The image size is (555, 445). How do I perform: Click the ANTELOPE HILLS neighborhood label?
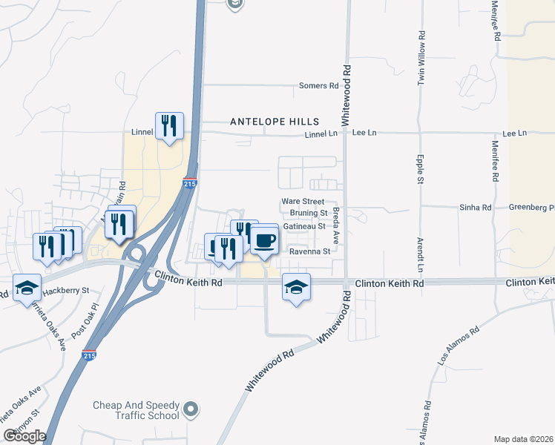click(275, 122)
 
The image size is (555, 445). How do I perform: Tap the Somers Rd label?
click(318, 86)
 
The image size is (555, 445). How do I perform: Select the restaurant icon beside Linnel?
click(169, 126)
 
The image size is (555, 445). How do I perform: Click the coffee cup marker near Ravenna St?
click(265, 240)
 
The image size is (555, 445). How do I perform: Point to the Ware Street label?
click(303, 202)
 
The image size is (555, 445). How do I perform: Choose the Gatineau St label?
click(304, 226)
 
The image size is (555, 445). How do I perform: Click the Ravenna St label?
click(309, 251)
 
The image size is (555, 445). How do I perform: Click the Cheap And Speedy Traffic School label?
click(136, 411)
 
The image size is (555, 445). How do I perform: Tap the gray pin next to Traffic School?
click(191, 409)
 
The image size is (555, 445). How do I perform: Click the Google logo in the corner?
click(24, 436)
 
